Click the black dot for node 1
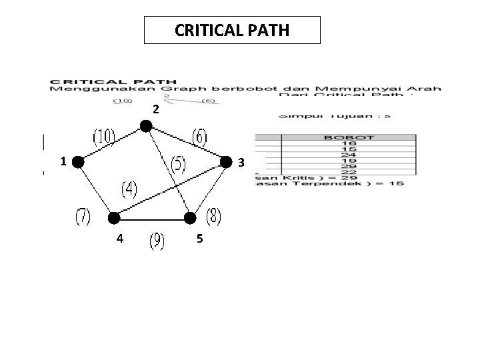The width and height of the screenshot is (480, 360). point(78,161)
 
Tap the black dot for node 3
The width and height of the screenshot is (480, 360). point(226,161)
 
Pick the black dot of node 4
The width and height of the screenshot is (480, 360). point(114,217)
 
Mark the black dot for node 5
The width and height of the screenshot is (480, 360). point(191,217)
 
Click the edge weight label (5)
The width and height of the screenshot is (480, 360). point(178,163)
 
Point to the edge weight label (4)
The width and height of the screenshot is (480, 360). point(129,189)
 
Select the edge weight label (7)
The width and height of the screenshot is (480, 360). point(83,217)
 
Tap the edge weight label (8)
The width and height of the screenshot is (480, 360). point(213,216)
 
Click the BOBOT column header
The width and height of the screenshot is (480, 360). point(349,138)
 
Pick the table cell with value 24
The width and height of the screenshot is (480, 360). point(349,154)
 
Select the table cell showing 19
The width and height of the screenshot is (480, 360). point(349,160)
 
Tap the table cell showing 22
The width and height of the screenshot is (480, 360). point(349,171)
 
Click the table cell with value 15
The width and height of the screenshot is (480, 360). point(349,149)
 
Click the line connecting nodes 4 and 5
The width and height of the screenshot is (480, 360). point(152,218)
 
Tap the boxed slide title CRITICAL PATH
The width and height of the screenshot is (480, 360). point(232,30)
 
